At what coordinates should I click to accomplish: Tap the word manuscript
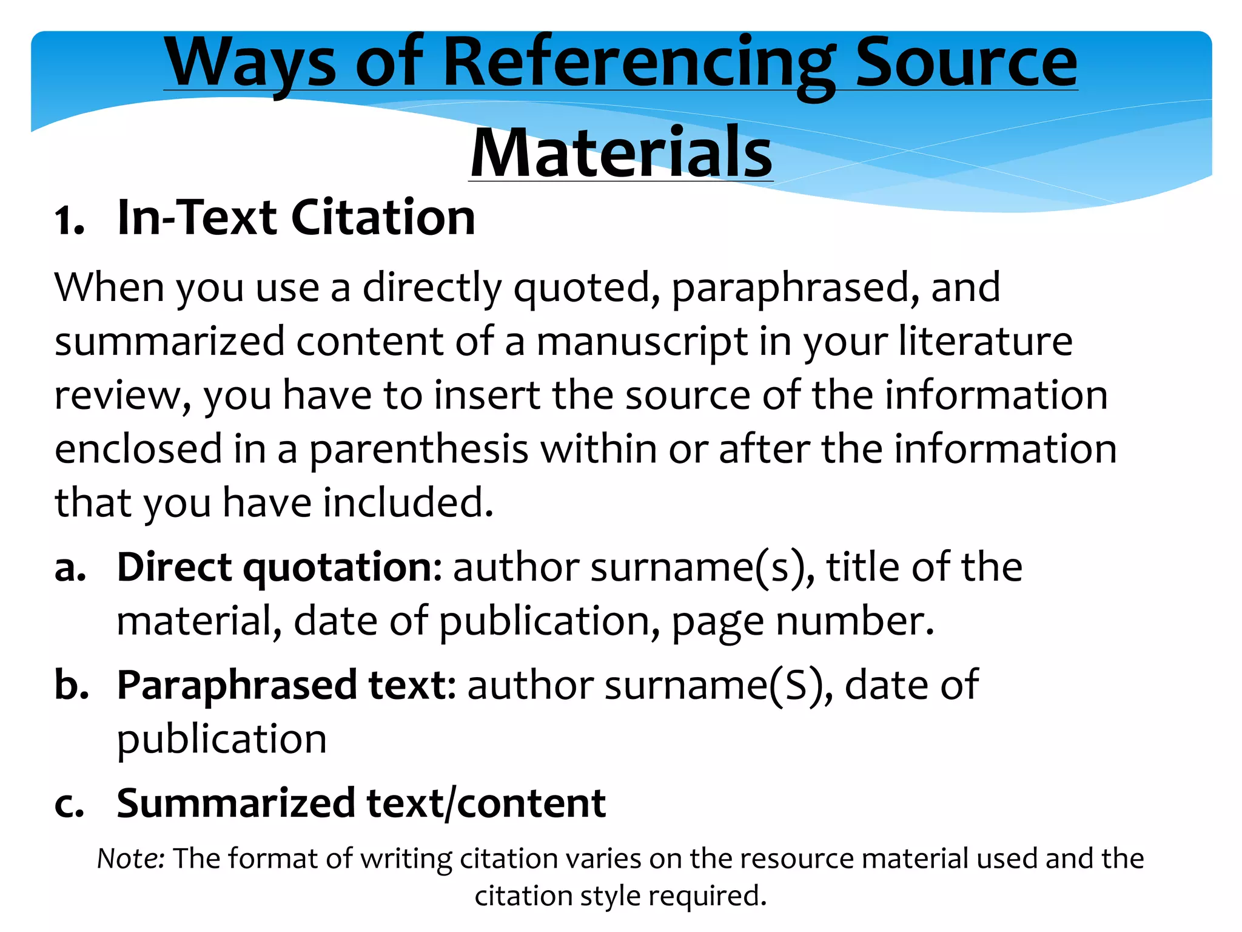642,342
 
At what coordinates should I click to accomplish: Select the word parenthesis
419,450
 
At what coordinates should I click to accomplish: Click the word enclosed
138,449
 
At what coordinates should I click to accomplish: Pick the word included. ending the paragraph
408,503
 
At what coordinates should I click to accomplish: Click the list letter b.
72,685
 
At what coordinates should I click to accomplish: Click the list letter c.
69,805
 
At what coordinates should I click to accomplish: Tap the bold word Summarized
236,803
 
